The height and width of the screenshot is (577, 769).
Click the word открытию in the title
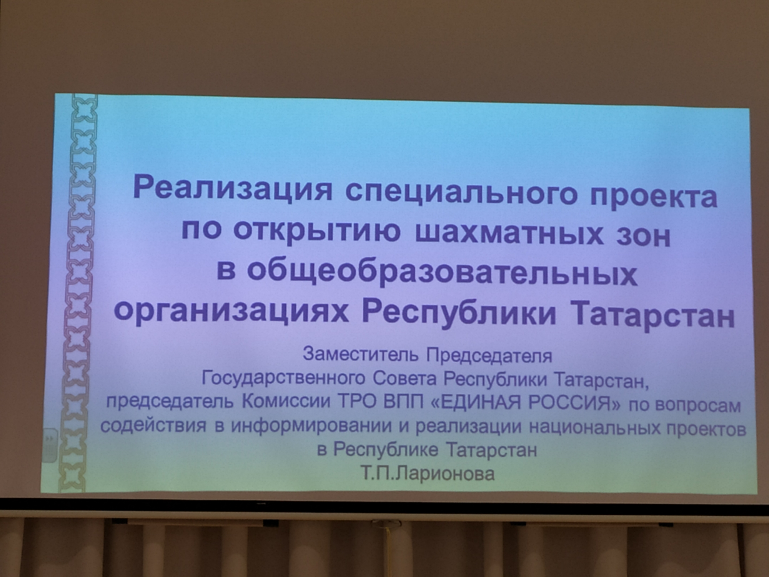317,232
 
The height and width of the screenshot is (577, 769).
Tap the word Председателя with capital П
489,356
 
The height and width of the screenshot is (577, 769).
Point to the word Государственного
283,378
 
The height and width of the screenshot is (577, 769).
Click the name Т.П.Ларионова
428,474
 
